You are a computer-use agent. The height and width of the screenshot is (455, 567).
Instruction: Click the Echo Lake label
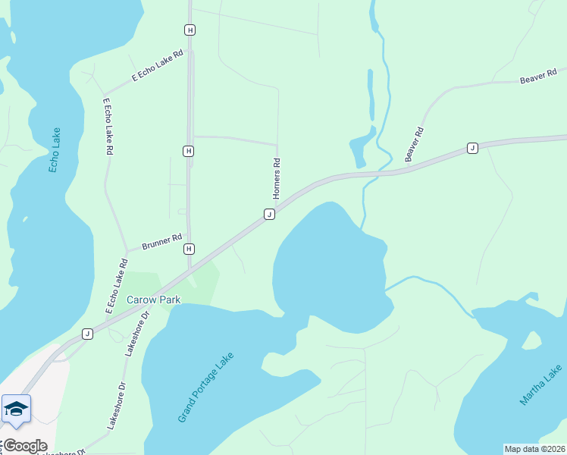click(55, 149)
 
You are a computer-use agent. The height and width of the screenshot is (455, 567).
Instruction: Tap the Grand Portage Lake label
click(206, 388)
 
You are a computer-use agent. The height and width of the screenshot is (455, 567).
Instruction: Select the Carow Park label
click(153, 300)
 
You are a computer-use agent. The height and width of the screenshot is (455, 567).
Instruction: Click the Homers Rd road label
click(277, 178)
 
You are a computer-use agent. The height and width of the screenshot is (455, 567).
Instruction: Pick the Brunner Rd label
click(162, 243)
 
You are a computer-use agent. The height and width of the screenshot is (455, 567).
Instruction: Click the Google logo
click(24, 446)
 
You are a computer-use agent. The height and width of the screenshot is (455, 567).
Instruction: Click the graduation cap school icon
click(16, 409)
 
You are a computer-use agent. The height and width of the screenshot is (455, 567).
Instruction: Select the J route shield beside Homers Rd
click(269, 215)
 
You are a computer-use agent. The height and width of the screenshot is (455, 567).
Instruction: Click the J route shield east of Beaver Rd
click(472, 148)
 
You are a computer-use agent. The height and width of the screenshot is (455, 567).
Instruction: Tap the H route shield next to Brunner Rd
click(189, 249)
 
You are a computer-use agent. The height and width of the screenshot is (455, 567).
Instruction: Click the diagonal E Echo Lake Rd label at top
click(158, 67)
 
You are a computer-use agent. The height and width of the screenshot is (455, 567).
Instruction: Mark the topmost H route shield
click(190, 30)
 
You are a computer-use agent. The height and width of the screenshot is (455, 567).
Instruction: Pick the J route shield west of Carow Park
click(87, 334)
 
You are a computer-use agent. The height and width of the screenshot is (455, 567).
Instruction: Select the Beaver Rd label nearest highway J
click(414, 143)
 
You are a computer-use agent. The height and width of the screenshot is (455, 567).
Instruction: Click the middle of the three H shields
click(188, 151)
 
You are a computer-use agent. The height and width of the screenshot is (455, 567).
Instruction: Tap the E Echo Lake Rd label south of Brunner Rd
click(113, 287)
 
